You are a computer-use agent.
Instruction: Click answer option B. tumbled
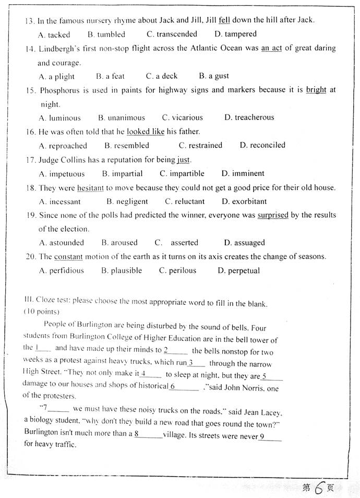pyautogui.click(x=106, y=34)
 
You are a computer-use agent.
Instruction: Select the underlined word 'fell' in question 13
pyautogui.click(x=224, y=20)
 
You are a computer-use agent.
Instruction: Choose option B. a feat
pyautogui.click(x=111, y=76)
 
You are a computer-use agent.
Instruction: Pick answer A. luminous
pyautogui.click(x=60, y=117)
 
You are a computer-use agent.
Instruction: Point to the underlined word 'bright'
pyautogui.click(x=316, y=90)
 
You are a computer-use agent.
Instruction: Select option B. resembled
pyautogui.click(x=127, y=146)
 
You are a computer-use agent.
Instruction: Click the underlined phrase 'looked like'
pyautogui.click(x=146, y=132)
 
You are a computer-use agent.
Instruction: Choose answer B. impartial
pyautogui.click(x=123, y=173)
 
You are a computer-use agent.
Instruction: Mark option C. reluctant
pyautogui.click(x=185, y=201)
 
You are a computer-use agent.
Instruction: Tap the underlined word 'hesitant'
pyautogui.click(x=91, y=187)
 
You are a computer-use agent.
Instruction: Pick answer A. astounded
pyautogui.click(x=62, y=243)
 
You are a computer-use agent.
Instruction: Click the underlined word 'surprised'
pyautogui.click(x=273, y=215)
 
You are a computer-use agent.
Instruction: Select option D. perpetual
pyautogui.click(x=238, y=270)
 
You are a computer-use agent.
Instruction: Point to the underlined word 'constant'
pyautogui.click(x=68, y=257)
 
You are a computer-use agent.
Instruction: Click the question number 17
pyautogui.click(x=30, y=160)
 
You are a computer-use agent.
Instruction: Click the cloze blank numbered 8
pyautogui.click(x=148, y=434)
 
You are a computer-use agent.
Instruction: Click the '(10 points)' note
pyautogui.click(x=41, y=312)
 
